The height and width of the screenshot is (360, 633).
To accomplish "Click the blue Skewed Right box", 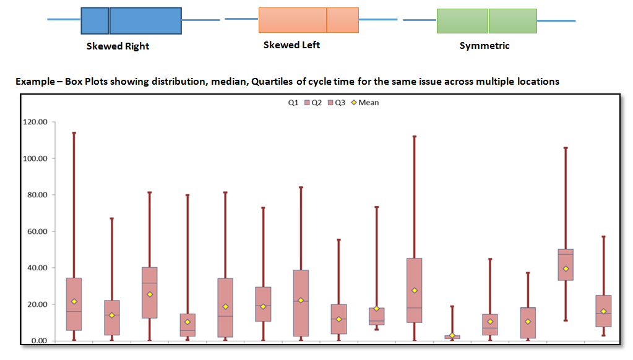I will point(131,20).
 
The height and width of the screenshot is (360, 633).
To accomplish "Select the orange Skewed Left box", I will point(308,20).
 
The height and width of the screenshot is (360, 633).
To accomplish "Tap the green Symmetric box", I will point(486,20).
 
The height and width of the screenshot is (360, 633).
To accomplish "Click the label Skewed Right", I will point(118,46).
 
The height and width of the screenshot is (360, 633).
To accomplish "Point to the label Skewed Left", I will point(291,45).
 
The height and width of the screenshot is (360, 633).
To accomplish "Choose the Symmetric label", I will point(484,46).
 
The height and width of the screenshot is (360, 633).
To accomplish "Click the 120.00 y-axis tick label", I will point(35,122).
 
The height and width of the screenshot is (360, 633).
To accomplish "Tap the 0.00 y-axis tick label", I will point(39,341).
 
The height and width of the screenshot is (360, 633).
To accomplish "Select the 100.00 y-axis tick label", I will point(35,158).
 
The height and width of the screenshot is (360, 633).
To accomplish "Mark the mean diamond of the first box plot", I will point(74,301).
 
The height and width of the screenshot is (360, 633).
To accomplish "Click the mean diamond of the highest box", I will point(566,268).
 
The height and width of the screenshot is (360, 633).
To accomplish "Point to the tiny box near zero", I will point(452,337).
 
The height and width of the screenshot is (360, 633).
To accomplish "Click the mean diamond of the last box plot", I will point(603,311).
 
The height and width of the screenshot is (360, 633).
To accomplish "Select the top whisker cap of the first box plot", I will point(74,132).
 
